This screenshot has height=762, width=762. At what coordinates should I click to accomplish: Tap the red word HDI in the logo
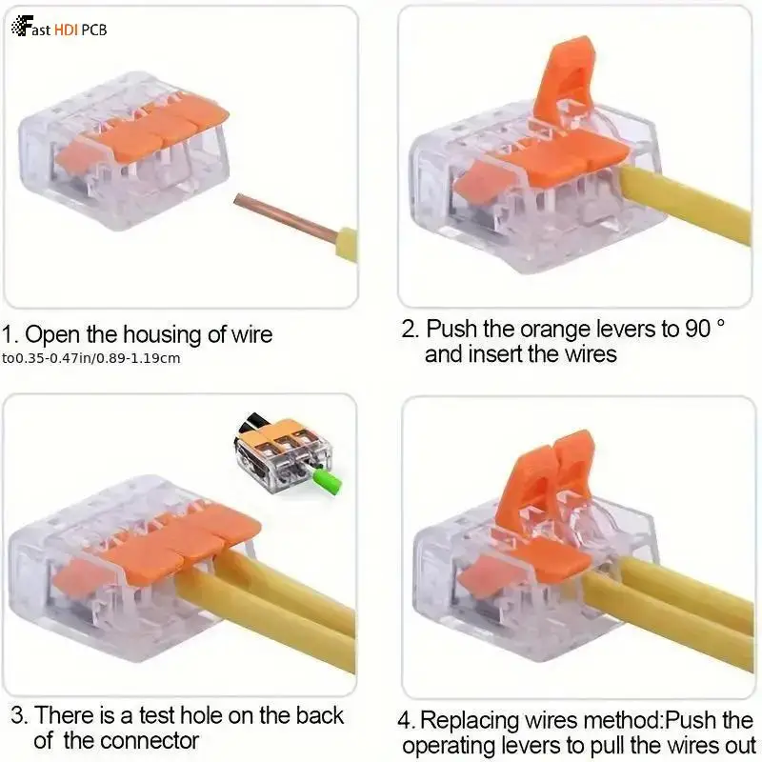pos(66,30)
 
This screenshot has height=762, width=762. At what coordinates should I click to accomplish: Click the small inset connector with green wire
pos(282,456)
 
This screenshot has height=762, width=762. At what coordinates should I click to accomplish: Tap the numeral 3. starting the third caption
pos(19,715)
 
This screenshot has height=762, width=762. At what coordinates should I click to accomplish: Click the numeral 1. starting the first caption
pos(10,334)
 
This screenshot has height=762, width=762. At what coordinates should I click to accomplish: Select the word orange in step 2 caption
pos(551,330)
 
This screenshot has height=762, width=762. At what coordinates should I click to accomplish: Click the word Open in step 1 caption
pos(49,334)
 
